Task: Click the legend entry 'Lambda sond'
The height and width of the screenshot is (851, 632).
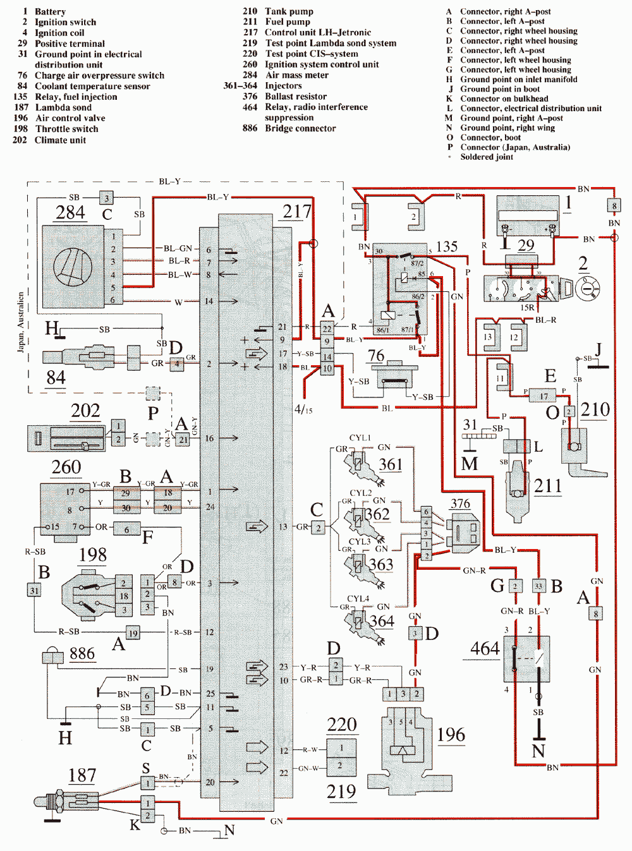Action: point(63,107)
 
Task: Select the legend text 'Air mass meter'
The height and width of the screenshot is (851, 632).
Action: point(297,75)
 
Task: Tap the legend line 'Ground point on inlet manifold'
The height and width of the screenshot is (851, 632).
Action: point(518,80)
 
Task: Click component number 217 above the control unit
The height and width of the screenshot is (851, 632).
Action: point(297,212)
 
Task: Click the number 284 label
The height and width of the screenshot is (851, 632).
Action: point(70,213)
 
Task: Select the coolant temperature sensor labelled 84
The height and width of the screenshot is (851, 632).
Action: point(95,356)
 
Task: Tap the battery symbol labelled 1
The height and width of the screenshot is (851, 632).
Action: point(527,215)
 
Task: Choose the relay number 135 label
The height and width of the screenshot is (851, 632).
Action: point(446,246)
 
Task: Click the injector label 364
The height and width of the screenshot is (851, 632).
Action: point(382,621)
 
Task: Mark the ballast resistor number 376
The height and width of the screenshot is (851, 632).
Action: point(460,504)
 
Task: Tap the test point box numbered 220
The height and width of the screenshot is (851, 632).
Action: point(342,725)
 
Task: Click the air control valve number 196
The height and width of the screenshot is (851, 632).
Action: point(451,735)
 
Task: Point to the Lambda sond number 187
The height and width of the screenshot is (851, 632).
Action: point(82,775)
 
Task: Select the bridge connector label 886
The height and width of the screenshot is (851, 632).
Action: point(82,653)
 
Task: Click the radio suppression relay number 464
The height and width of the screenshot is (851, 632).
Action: point(485,649)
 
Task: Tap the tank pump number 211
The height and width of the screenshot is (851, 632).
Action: point(547,486)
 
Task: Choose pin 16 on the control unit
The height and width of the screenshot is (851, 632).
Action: point(209,438)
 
